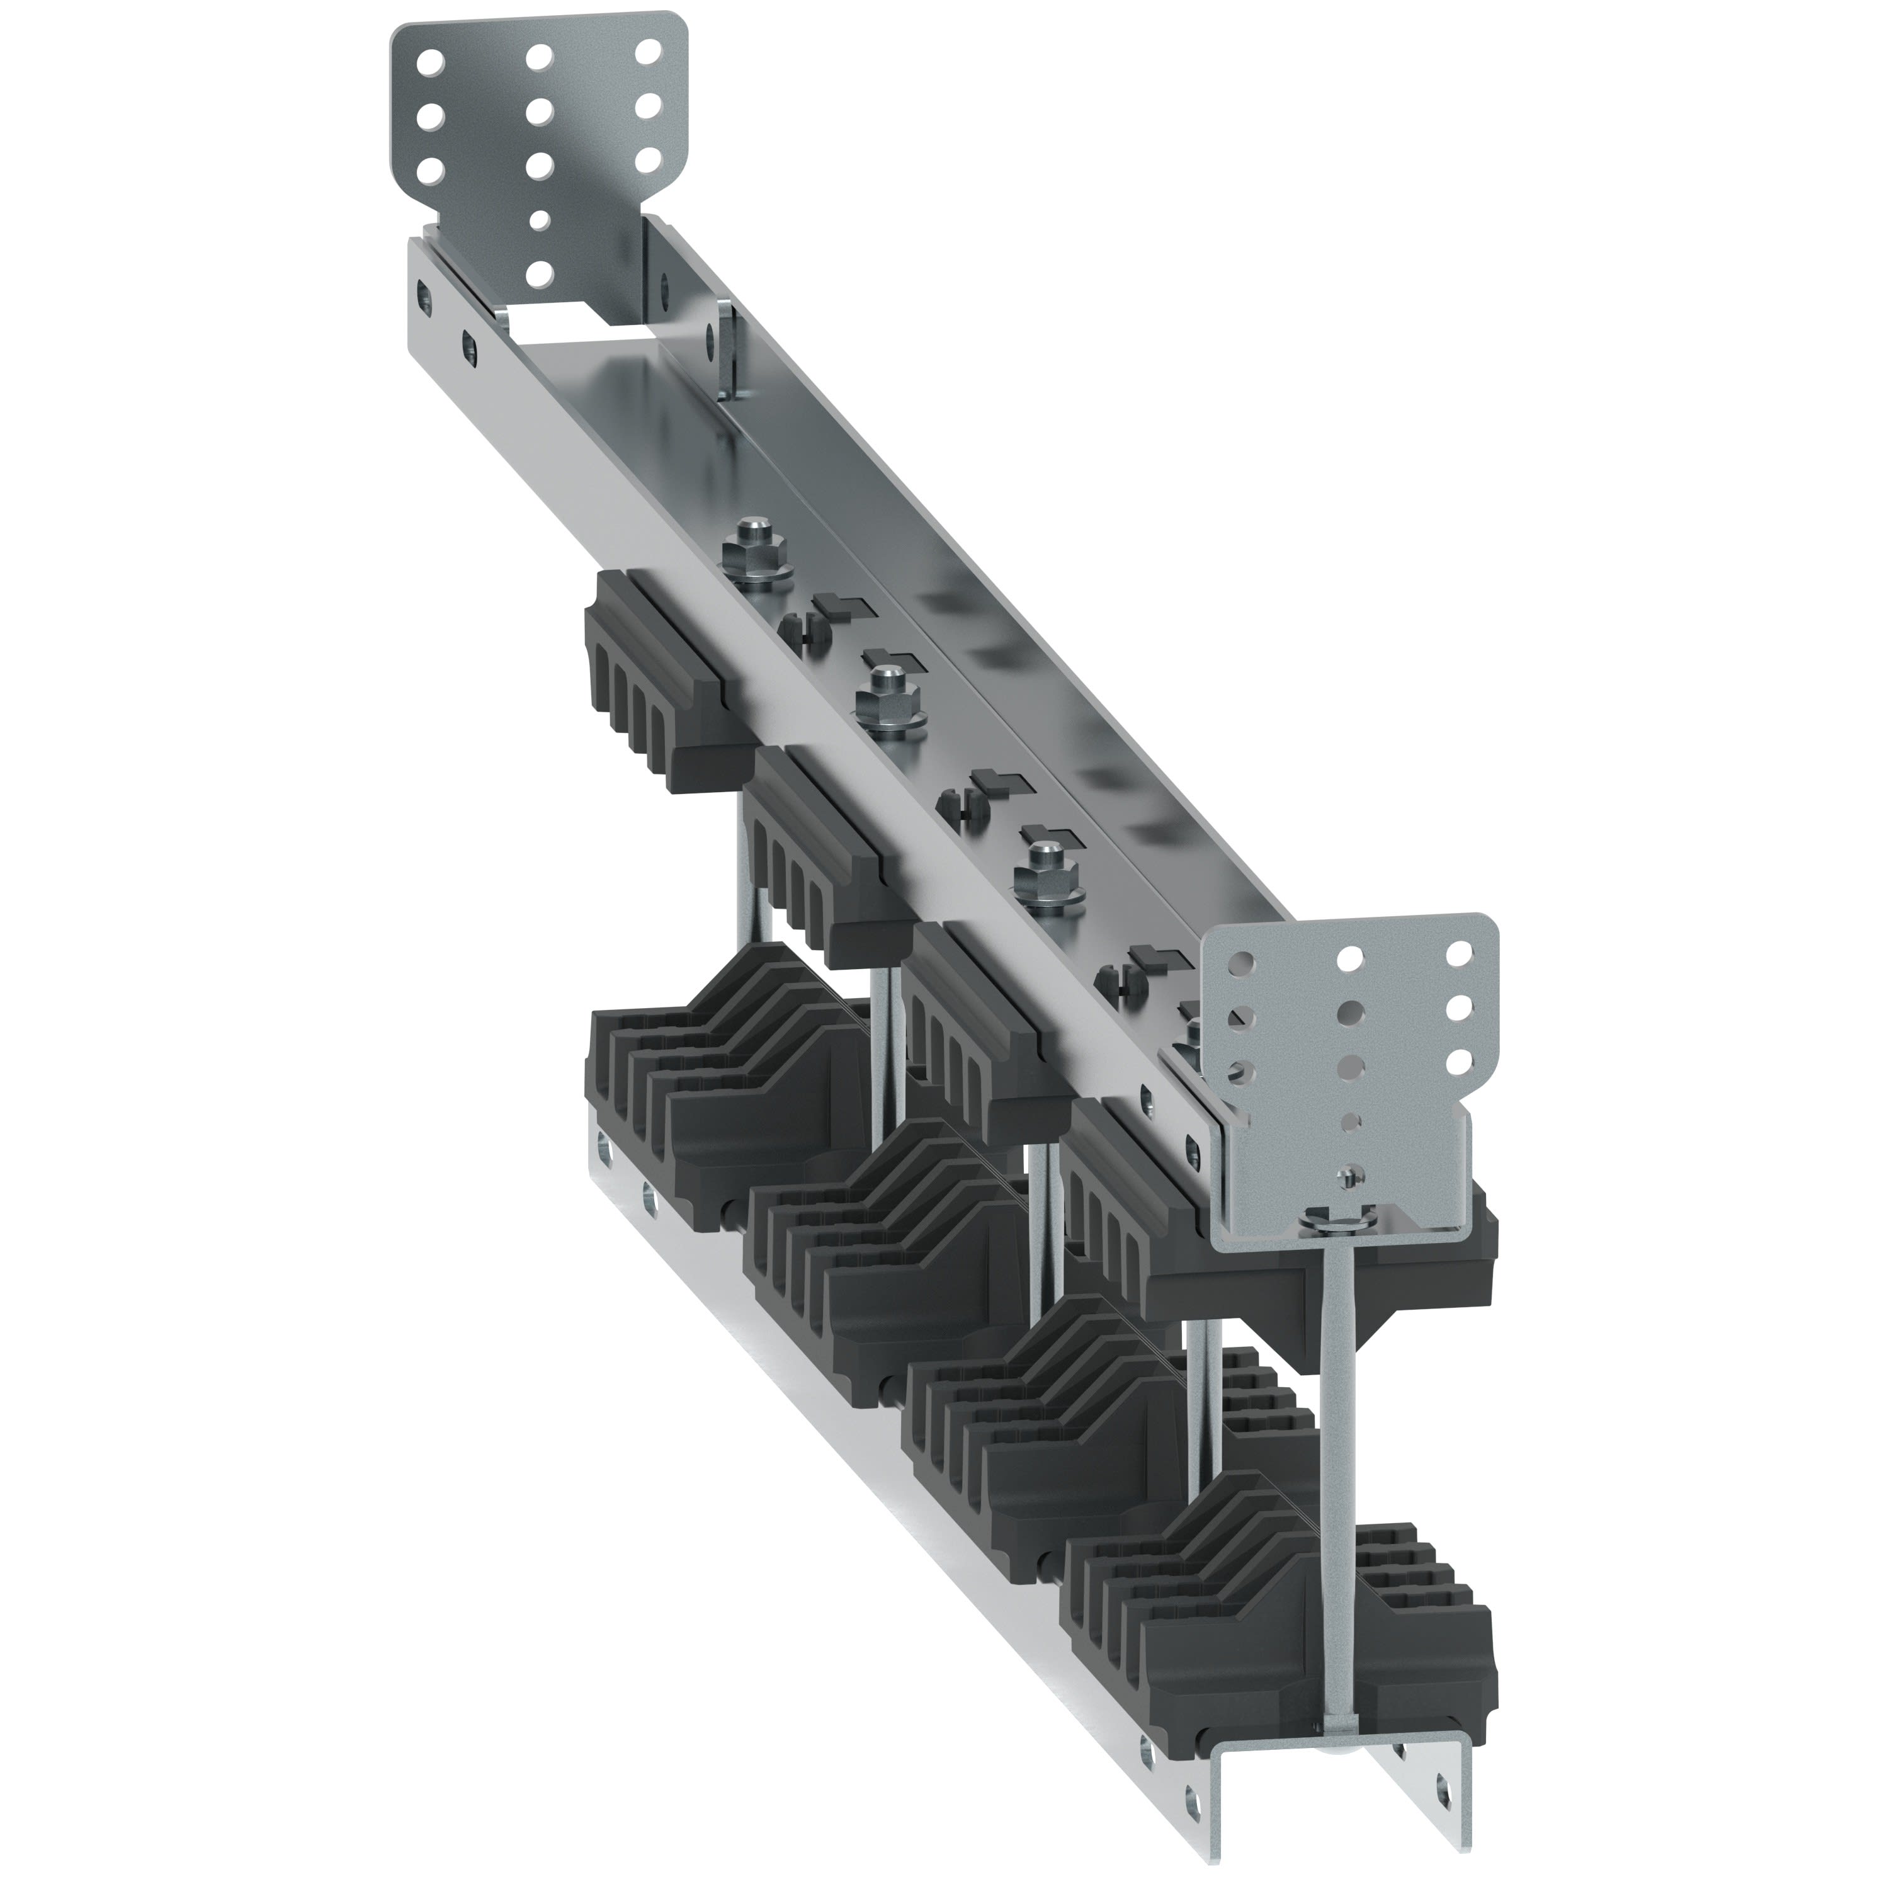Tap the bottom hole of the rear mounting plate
click(x=536, y=276)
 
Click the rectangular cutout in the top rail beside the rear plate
click(x=567, y=321)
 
